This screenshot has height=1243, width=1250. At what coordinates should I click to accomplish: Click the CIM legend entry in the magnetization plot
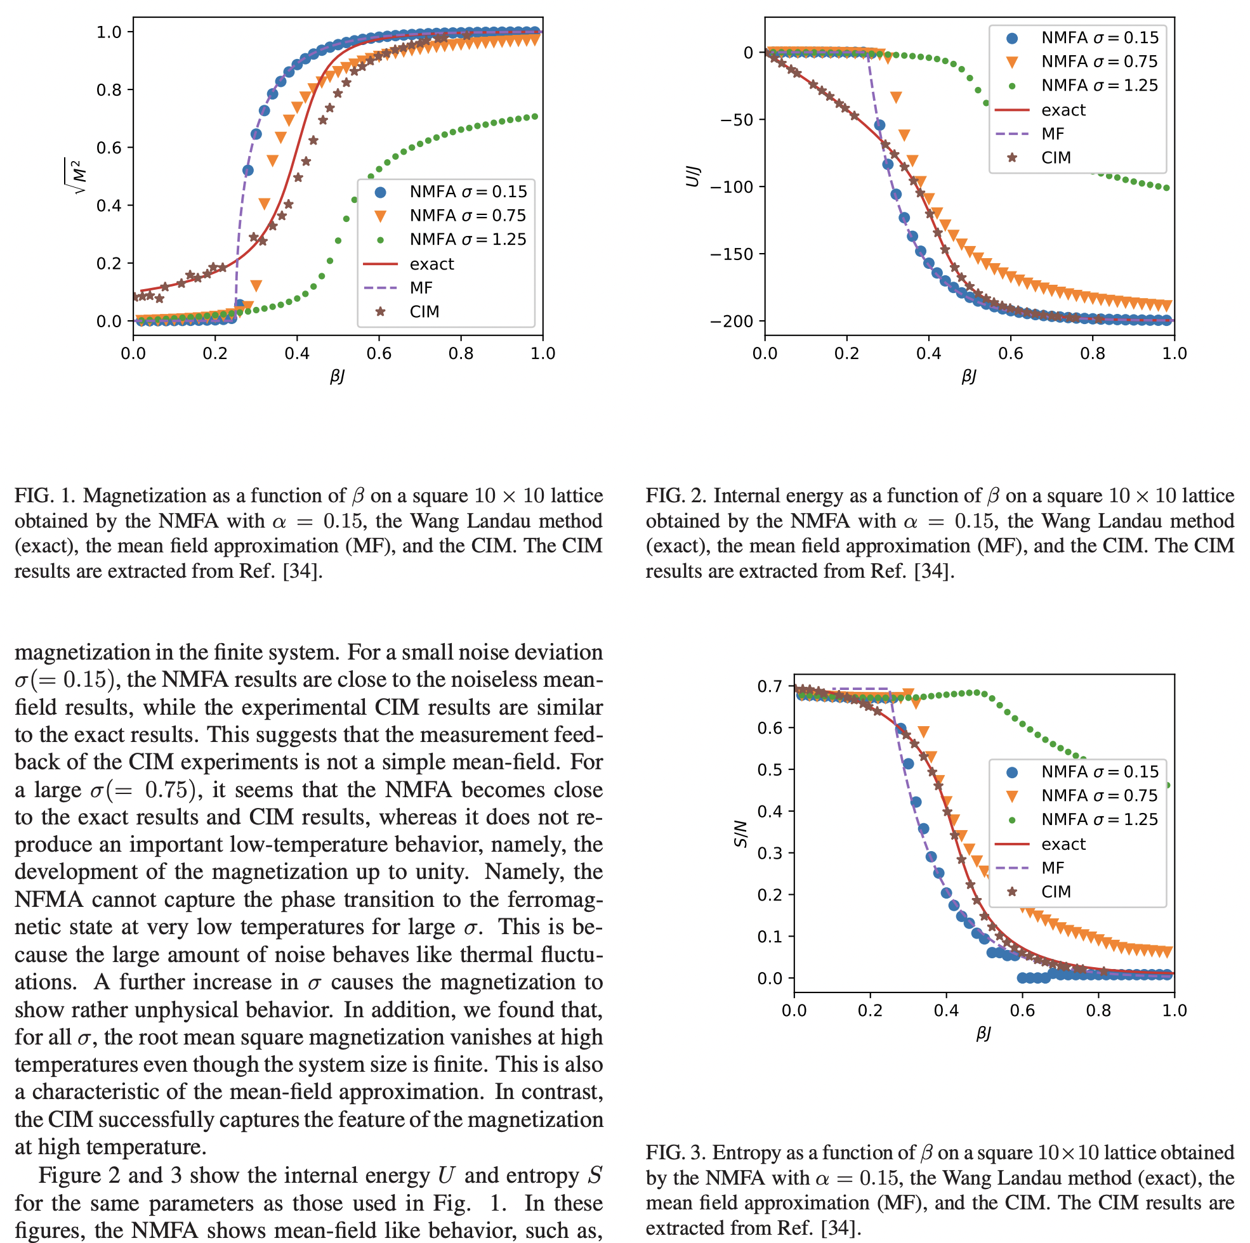pos(424,312)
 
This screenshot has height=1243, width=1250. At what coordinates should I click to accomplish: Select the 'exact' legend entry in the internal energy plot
pos(1063,110)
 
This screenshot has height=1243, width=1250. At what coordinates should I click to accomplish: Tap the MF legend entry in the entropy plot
pos(1053,868)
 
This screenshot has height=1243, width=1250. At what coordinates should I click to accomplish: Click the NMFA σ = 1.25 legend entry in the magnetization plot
pos(467,239)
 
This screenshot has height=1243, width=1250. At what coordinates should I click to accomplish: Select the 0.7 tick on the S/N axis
pos(769,686)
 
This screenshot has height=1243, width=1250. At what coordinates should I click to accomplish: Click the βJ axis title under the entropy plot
pos(984,1034)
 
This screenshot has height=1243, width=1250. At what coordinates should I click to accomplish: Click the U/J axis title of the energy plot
pos(692,176)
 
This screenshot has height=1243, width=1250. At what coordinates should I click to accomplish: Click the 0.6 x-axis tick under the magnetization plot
pos(379,353)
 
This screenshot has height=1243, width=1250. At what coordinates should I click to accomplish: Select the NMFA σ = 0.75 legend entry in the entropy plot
pos(1098,795)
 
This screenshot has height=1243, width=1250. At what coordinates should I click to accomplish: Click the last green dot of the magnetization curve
pos(534,117)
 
